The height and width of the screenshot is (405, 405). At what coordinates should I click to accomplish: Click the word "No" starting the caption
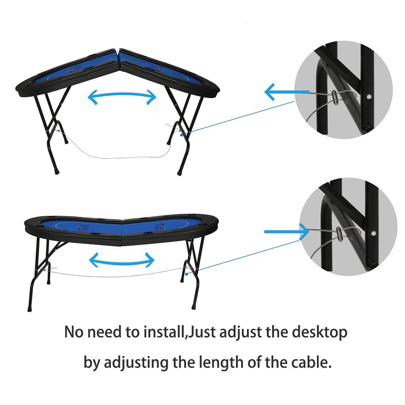coord(73,332)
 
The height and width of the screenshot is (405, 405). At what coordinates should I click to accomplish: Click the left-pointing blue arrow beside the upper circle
coord(287,92)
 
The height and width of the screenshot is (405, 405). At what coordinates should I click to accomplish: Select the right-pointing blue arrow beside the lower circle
coord(287,232)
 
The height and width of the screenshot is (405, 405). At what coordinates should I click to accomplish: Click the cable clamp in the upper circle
coord(335,98)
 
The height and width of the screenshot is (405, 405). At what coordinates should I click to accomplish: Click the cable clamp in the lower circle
coord(339,234)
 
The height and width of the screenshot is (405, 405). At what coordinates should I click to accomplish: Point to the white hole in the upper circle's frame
coord(369,97)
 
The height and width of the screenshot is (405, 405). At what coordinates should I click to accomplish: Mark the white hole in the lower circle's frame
coord(374,233)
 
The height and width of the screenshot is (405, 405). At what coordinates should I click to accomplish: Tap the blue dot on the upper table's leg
coord(182,135)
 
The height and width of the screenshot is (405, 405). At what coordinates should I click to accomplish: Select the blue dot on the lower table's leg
coord(186,273)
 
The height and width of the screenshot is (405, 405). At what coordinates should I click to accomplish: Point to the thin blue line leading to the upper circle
coord(238,118)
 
